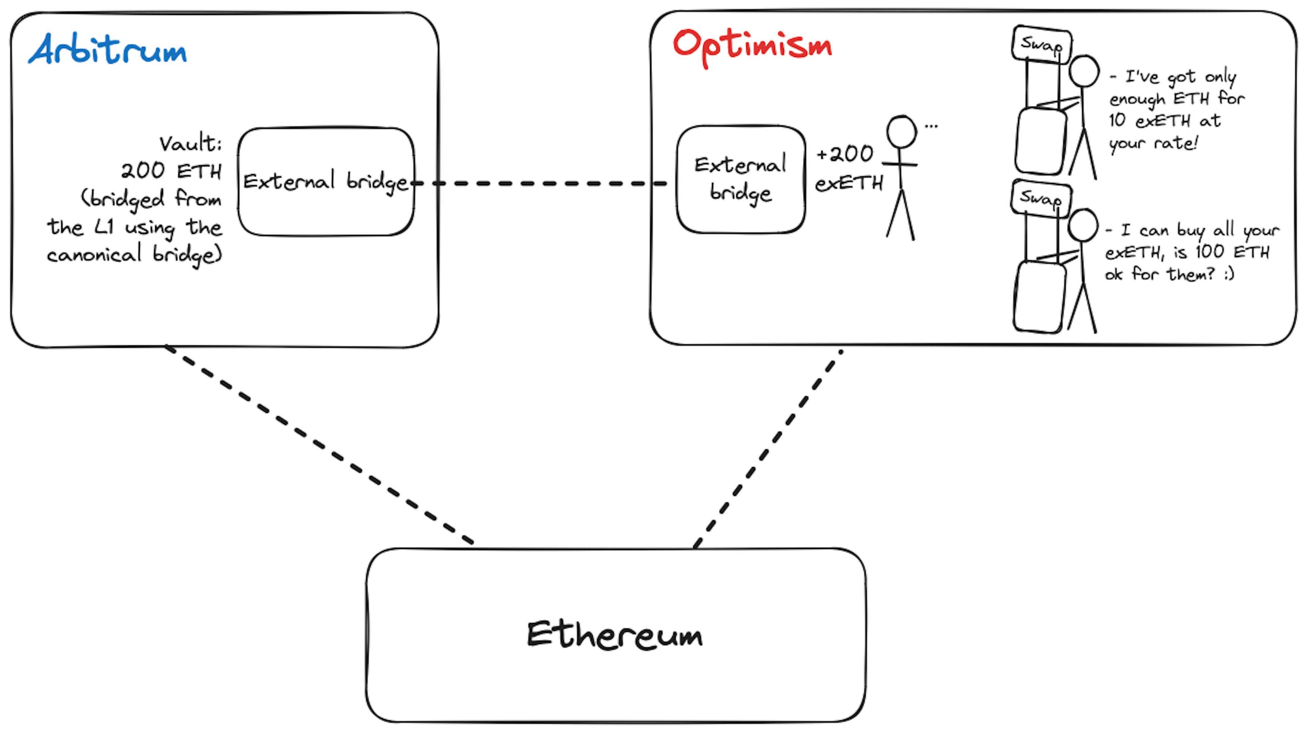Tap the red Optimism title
coord(753,47)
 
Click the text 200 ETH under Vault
coord(171,171)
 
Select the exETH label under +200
coord(849,183)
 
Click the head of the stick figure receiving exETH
coord(902,132)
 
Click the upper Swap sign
coord(1042,44)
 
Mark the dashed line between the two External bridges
coord(541,183)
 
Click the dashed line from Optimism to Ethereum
coord(768,449)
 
